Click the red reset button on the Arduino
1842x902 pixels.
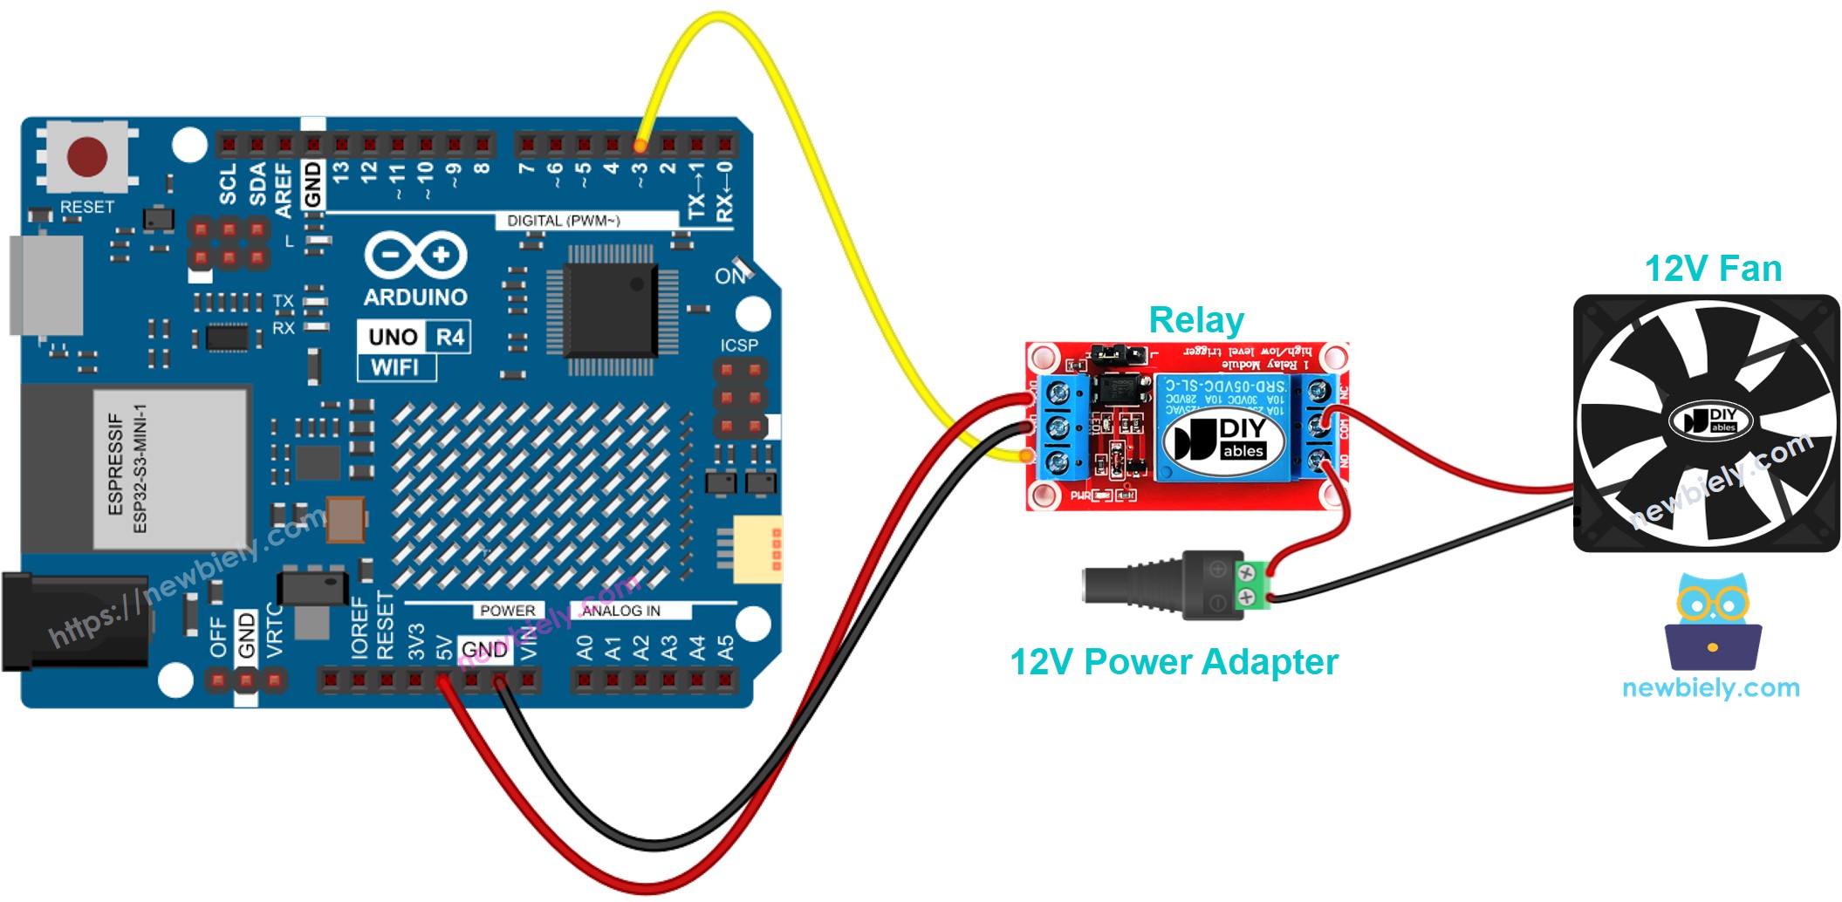[87, 157]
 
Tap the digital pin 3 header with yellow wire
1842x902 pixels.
[640, 144]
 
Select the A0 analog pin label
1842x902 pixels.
[585, 647]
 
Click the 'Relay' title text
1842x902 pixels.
[1195, 320]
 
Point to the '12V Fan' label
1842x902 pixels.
[1712, 269]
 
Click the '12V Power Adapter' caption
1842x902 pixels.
[1173, 662]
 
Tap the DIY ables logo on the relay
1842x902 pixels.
[1225, 438]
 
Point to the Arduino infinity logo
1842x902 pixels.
[415, 256]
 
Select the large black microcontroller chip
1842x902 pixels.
[611, 310]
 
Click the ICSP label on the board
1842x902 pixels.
[739, 345]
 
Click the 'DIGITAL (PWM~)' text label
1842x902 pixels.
[564, 221]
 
